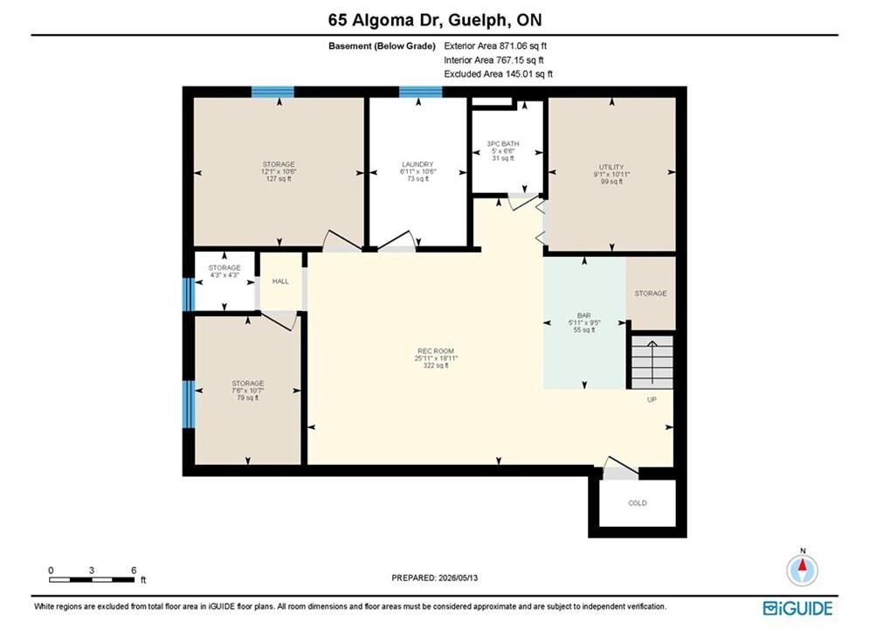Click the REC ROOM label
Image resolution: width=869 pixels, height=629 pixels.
pyautogui.click(x=436, y=351)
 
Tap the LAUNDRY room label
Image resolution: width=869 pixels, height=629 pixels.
pyautogui.click(x=417, y=164)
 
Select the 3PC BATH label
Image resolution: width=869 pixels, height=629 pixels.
pyautogui.click(x=503, y=143)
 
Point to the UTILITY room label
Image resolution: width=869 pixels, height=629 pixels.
pyautogui.click(x=611, y=167)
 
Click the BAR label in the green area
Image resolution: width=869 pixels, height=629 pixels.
pyautogui.click(x=583, y=315)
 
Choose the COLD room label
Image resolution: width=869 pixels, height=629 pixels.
pyautogui.click(x=638, y=503)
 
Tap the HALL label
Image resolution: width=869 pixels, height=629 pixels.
pyautogui.click(x=280, y=281)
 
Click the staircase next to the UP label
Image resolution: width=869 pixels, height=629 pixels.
pyautogui.click(x=652, y=362)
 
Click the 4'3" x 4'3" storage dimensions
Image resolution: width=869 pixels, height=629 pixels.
pyautogui.click(x=224, y=275)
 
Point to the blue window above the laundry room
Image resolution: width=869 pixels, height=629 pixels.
pyautogui.click(x=421, y=92)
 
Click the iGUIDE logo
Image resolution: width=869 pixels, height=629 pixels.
pyautogui.click(x=797, y=608)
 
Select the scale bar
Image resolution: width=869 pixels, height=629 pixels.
pyautogui.click(x=92, y=580)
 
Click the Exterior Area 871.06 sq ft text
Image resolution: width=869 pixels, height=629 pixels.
pyautogui.click(x=495, y=46)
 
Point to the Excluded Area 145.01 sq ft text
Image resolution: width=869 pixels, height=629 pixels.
pyautogui.click(x=498, y=73)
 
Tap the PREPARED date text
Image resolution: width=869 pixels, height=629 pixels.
pyautogui.click(x=435, y=577)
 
